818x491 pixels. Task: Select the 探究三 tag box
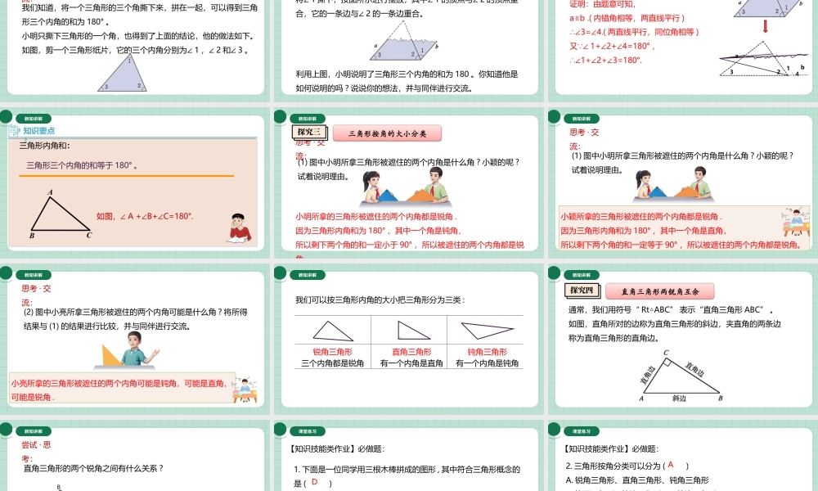click(308, 133)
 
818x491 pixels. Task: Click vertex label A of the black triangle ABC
click(51, 193)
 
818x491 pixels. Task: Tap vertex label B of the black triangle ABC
click(31, 236)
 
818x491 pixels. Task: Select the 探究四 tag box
click(582, 291)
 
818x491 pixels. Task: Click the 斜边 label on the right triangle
click(679, 399)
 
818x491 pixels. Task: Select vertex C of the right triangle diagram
click(666, 353)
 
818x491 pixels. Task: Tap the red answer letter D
click(313, 482)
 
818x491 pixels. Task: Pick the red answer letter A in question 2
click(671, 465)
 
